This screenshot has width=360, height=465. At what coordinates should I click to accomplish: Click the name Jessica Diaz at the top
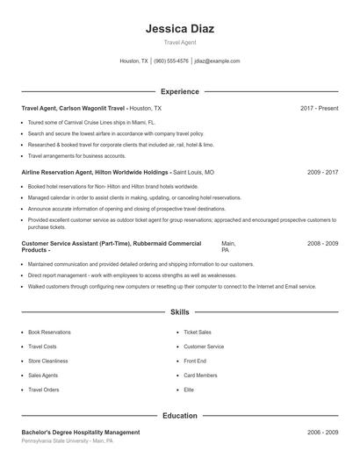(x=179, y=28)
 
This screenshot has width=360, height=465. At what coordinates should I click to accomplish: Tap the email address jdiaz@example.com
(x=217, y=61)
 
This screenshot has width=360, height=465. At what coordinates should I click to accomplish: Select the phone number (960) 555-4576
(x=170, y=61)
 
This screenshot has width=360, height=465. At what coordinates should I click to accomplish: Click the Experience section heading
(x=179, y=91)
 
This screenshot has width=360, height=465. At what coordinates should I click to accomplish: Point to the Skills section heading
(x=179, y=311)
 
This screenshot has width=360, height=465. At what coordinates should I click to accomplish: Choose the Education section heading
(x=179, y=415)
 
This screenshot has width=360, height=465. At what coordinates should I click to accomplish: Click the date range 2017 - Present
(x=319, y=108)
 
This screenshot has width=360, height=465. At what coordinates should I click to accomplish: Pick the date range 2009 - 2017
(x=322, y=173)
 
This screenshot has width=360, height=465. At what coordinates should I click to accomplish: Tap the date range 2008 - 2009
(x=322, y=242)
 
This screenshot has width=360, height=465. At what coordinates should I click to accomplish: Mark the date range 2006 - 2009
(x=322, y=433)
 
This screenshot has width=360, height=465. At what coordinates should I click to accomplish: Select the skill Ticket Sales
(x=198, y=333)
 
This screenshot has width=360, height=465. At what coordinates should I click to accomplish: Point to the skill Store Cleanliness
(x=47, y=361)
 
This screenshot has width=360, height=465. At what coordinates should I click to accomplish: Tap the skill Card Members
(x=200, y=375)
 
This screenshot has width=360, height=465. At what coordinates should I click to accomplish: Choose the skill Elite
(x=189, y=389)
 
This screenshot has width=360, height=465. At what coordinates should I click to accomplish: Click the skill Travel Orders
(x=43, y=389)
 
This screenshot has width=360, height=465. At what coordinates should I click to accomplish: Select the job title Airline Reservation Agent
(x=60, y=173)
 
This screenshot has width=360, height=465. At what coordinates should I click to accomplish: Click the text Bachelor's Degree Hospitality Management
(x=80, y=433)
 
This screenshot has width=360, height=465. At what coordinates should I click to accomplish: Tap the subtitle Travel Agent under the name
(x=179, y=42)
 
